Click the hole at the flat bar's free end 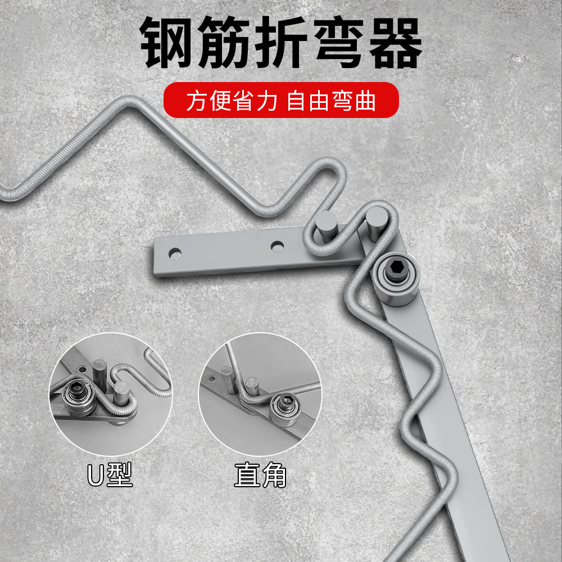tap(176, 253)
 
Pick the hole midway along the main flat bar tap(276, 246)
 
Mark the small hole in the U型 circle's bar tap(82, 369)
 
